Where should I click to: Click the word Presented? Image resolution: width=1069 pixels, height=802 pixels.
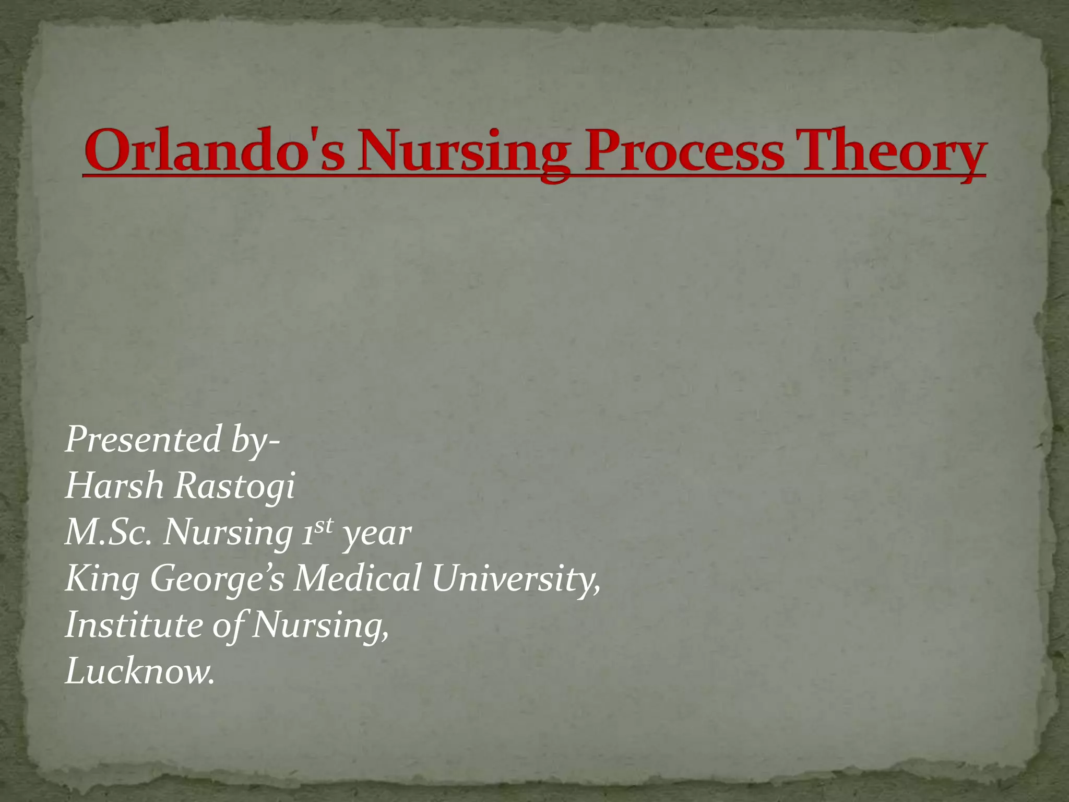(144, 440)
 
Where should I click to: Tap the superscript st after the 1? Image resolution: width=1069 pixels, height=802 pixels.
(323, 525)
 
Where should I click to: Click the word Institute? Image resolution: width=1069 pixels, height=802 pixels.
(134, 625)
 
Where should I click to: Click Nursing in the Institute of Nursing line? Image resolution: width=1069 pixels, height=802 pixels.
(320, 626)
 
